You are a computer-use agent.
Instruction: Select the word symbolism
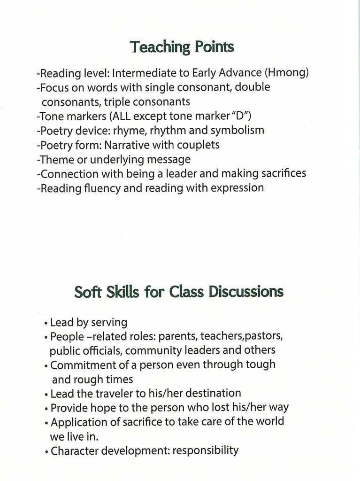[237, 130]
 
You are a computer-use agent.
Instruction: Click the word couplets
[197, 145]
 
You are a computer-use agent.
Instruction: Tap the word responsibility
[206, 451]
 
